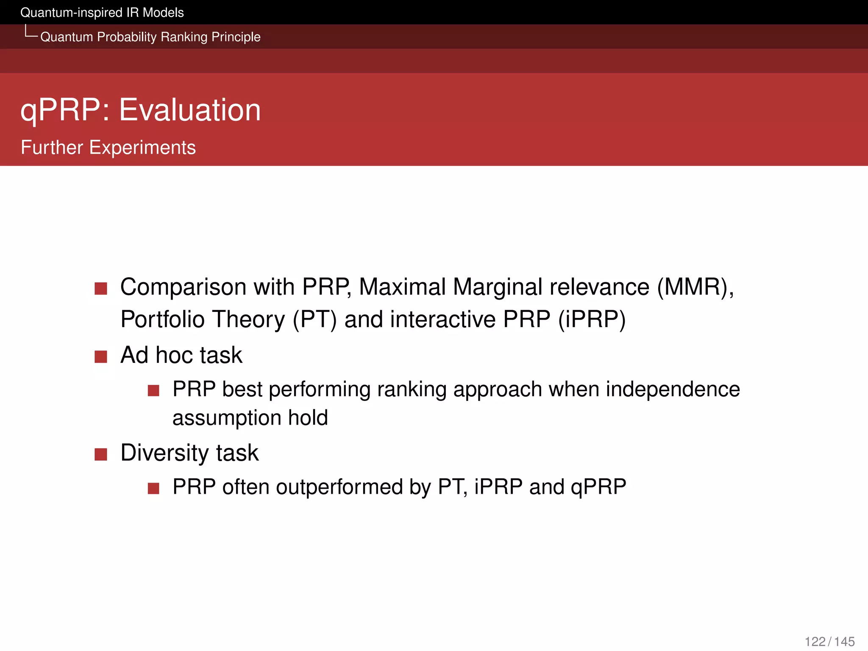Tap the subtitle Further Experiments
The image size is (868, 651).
[x=108, y=147]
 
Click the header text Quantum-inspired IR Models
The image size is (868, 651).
[x=102, y=13]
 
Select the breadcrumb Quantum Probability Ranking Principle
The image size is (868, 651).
[x=150, y=37]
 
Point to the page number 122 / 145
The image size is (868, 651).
[x=829, y=641]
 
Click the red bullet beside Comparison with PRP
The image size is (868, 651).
[x=101, y=289]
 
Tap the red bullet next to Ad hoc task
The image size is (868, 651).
[x=101, y=356]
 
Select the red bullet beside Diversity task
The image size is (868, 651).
[x=101, y=454]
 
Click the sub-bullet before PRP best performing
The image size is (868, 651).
[x=153, y=390]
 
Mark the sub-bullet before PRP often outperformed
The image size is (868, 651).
[x=153, y=488]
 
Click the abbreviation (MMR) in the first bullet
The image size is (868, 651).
[x=695, y=287]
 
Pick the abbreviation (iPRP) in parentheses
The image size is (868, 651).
[x=592, y=320]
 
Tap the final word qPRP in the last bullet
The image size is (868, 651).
[x=598, y=487]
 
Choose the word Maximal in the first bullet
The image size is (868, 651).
[x=402, y=287]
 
